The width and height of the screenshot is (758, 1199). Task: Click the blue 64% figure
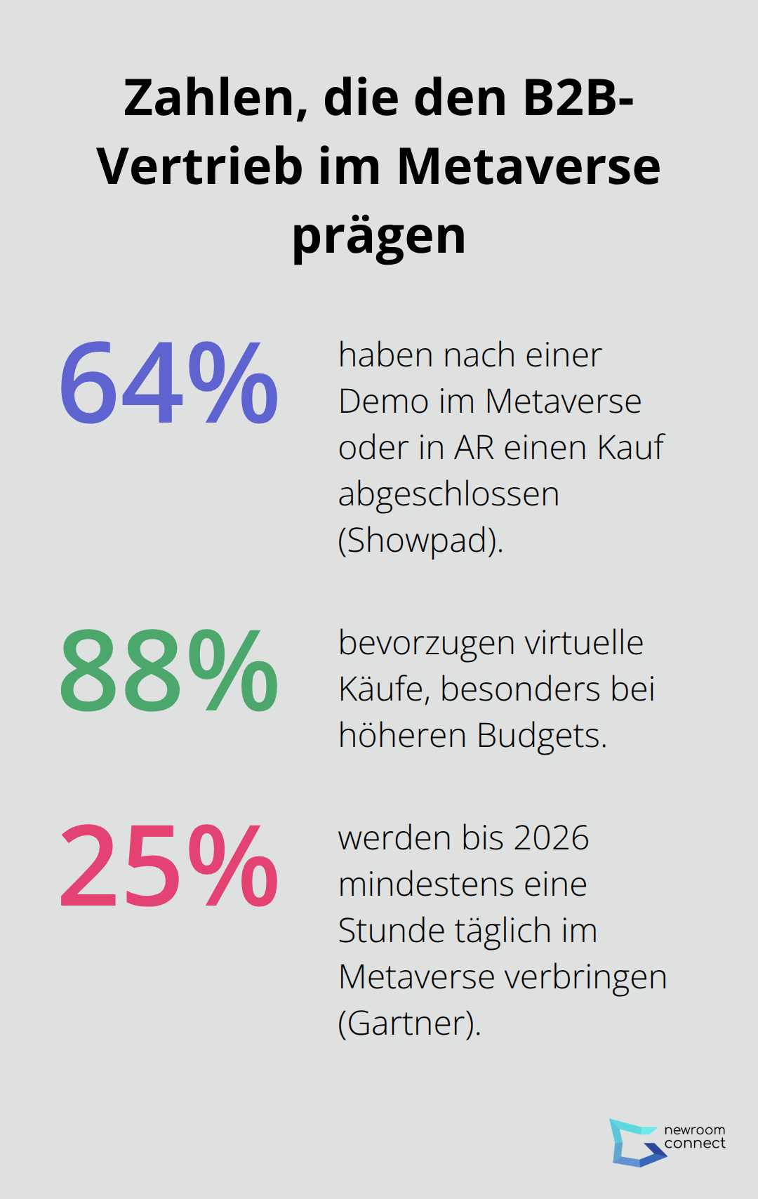(x=168, y=383)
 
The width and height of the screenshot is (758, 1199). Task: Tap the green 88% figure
(x=168, y=671)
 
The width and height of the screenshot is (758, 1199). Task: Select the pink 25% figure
(x=168, y=867)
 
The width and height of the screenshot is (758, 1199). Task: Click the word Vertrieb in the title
(x=199, y=167)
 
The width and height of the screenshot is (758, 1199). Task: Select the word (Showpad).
(x=420, y=541)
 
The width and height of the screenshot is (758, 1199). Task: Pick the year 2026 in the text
(x=551, y=838)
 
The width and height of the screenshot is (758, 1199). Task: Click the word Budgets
(x=541, y=736)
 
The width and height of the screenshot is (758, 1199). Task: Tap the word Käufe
(x=383, y=689)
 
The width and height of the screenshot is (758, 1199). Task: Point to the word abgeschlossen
(x=448, y=494)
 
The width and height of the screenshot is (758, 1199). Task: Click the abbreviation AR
(x=474, y=448)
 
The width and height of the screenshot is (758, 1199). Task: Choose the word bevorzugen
(x=427, y=643)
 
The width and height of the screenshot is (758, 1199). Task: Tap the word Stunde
(x=392, y=931)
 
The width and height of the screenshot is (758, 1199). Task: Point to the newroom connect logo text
(x=694, y=1137)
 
